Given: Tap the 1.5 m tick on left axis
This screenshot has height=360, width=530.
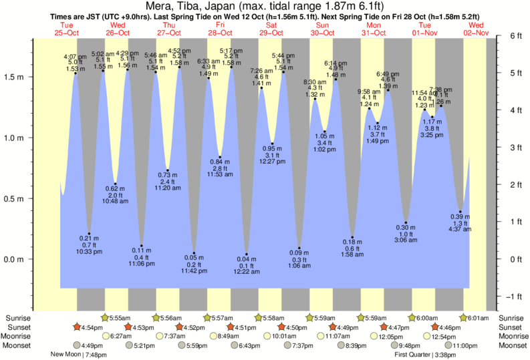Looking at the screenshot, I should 15,77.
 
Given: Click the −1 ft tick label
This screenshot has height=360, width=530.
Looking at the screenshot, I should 513,297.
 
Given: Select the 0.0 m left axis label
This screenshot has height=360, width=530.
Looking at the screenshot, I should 15,259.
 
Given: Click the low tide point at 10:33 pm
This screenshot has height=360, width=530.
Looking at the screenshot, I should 89,234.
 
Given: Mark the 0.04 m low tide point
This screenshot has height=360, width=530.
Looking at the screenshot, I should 247,254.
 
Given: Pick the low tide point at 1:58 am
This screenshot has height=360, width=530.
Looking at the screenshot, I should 352,237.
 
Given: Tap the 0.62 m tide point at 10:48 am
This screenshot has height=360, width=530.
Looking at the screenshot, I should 116,184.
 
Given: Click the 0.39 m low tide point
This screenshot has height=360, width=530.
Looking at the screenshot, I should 460,212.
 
